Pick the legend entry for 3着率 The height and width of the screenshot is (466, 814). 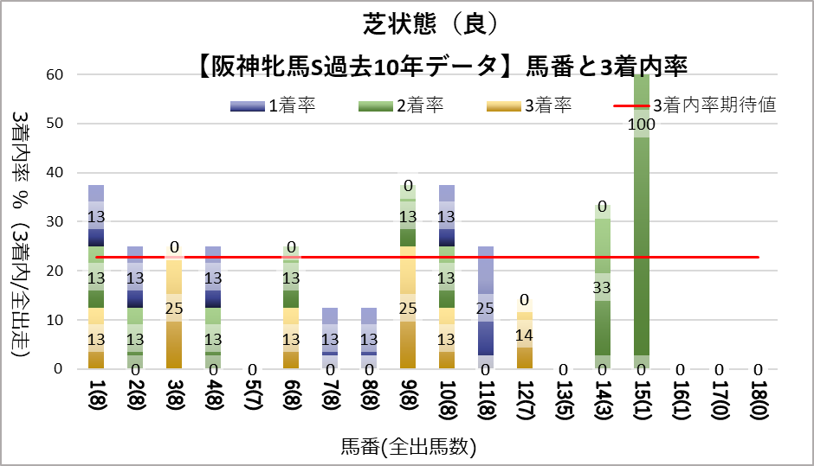(528, 106)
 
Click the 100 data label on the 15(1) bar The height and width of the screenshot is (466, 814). (643, 124)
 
